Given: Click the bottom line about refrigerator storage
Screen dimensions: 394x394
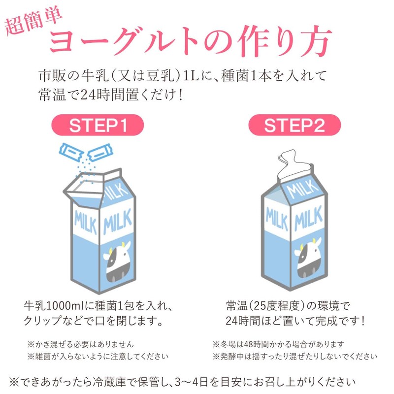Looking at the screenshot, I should (x=182, y=381).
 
